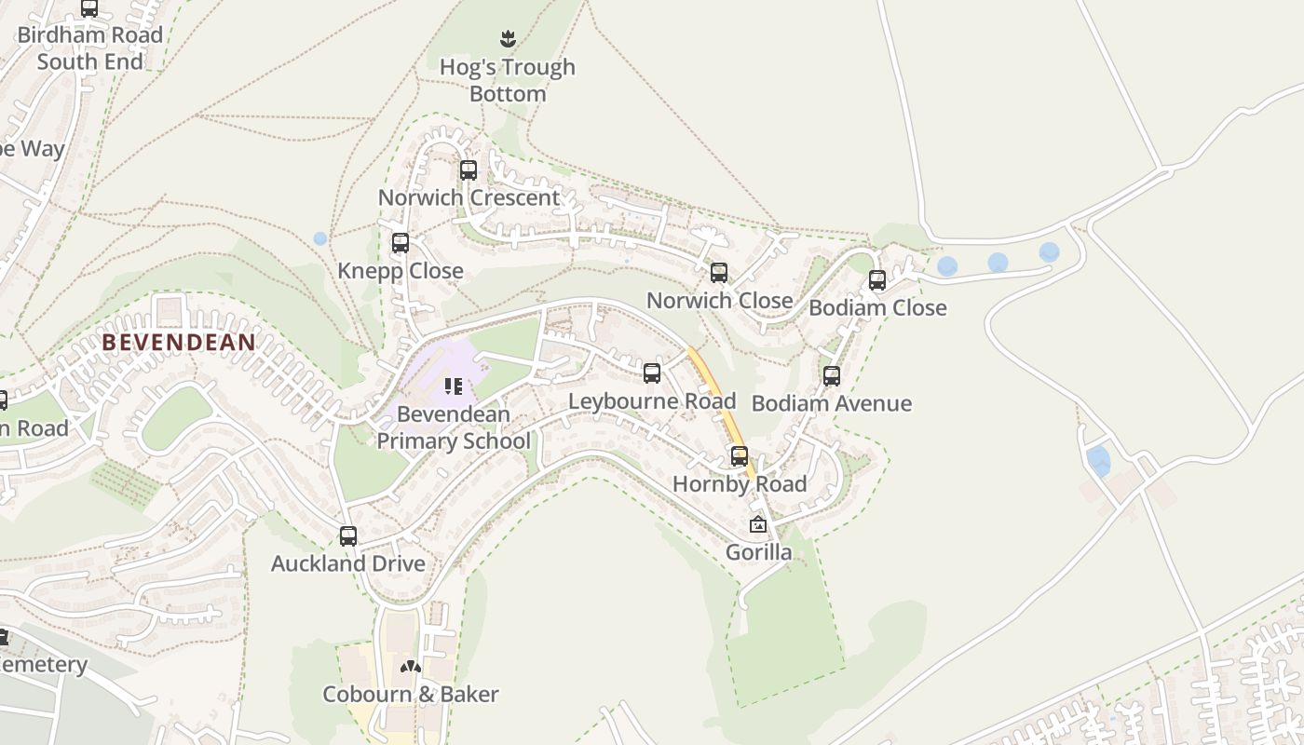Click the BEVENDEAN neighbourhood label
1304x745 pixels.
coord(179,342)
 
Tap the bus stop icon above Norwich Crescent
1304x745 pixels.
coord(469,170)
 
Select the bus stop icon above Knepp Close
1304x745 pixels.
coord(401,243)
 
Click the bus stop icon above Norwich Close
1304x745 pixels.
coord(719,273)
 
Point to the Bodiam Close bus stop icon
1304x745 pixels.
coord(877,280)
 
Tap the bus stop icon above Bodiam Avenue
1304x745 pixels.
coord(832,376)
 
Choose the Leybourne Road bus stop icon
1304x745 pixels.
coord(652,373)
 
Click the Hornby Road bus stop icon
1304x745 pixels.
coord(740,456)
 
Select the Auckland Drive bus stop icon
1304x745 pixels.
coord(348,536)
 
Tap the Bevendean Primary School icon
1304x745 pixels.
coord(454,386)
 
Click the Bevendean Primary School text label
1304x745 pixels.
coord(454,427)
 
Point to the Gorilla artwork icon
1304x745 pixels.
coord(758,524)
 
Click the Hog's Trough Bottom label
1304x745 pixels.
coord(508,80)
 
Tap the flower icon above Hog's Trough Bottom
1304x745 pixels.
coord(508,39)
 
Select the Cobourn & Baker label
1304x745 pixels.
coord(411,694)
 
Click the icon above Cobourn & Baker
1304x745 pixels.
coord(411,667)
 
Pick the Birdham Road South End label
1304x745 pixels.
coord(90,48)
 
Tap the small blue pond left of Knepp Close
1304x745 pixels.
coord(320,238)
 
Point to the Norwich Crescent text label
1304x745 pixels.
coord(469,197)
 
